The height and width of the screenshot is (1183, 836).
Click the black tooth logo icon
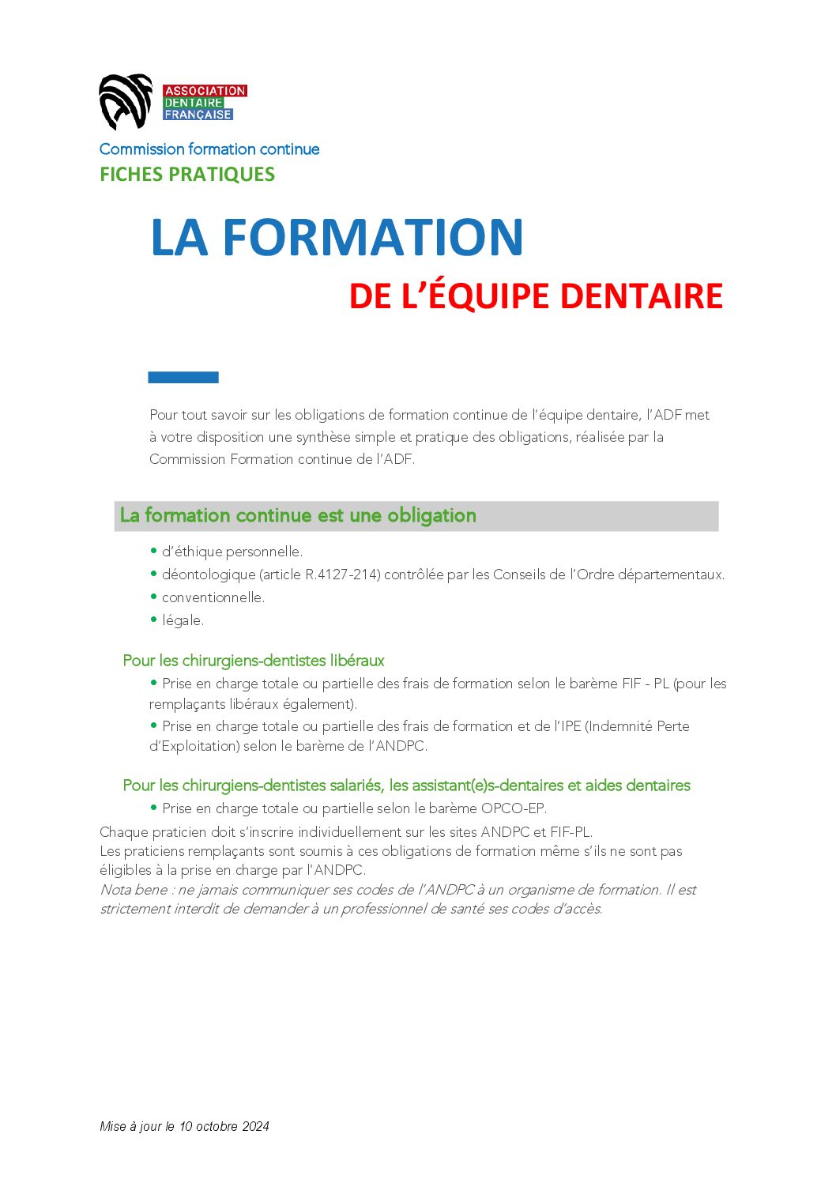coord(125,101)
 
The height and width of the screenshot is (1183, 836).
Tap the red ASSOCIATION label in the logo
coord(205,91)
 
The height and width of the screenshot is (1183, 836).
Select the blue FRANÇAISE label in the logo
coord(198,115)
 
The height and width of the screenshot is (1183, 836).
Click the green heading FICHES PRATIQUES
coord(187,175)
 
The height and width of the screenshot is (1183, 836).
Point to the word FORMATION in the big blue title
coord(373,237)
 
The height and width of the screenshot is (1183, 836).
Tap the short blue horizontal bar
coord(183,378)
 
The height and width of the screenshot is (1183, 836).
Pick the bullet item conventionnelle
coord(213,597)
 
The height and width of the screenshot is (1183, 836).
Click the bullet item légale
coord(183,620)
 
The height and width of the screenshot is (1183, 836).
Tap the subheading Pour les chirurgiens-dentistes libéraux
coord(254,661)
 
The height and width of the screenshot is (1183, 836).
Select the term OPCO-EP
coord(514,808)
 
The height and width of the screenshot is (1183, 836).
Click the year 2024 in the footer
coord(255,1126)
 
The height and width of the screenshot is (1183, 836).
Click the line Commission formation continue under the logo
coord(209,149)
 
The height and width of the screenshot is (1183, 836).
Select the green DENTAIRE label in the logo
coord(194,103)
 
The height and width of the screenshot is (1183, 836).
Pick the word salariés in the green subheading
coord(356,786)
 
